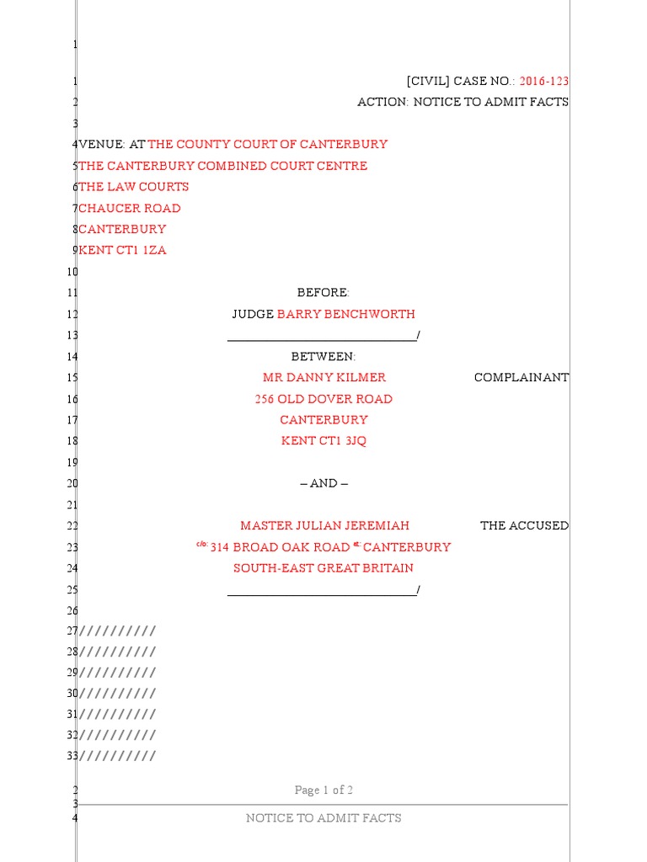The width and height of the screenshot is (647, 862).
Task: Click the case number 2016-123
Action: click(544, 81)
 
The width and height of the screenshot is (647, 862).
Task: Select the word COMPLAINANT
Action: click(521, 377)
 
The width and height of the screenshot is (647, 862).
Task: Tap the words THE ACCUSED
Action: click(524, 525)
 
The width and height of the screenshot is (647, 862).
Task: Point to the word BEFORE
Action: click(323, 292)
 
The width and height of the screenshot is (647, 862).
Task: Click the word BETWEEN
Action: click(323, 356)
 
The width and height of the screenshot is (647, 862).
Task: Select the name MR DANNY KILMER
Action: click(324, 377)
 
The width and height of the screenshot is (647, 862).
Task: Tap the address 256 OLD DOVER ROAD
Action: click(323, 399)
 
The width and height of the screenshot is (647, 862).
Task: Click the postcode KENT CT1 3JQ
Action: click(323, 441)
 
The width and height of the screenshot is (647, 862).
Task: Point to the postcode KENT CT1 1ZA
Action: click(122, 250)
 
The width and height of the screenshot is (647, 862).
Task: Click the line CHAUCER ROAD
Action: click(129, 208)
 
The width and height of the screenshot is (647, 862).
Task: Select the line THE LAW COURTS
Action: click(133, 187)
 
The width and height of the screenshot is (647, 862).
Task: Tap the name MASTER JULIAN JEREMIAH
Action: click(324, 525)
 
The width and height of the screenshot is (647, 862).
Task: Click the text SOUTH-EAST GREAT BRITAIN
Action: click(323, 568)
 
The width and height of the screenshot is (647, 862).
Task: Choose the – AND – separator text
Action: click(323, 483)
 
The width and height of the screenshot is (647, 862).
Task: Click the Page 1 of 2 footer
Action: click(323, 790)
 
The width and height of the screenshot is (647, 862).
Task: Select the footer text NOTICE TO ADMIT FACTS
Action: click(323, 817)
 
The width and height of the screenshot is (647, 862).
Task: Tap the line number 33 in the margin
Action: click(72, 755)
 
